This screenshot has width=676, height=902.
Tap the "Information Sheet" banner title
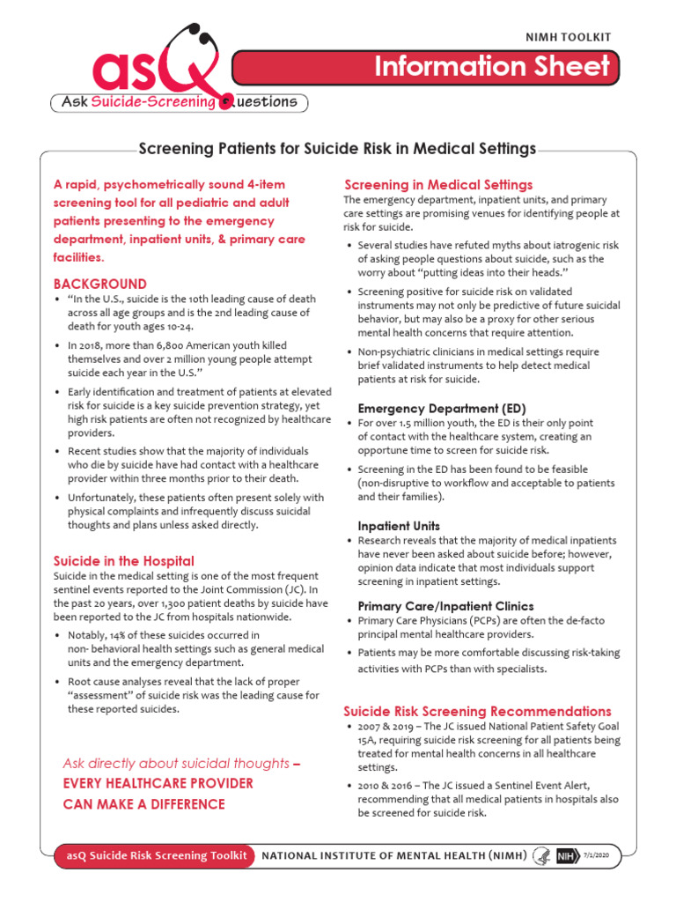click(x=492, y=67)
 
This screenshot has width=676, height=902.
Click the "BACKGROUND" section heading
click(x=100, y=285)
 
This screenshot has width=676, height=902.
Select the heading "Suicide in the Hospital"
click(x=124, y=561)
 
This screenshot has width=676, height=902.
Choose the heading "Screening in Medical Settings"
click(x=437, y=185)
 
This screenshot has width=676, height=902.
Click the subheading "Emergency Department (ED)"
click(x=441, y=409)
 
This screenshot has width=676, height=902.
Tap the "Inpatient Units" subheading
click(x=399, y=526)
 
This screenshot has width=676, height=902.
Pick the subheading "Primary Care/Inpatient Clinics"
click(x=445, y=606)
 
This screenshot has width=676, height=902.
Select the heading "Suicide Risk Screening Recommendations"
click(x=476, y=711)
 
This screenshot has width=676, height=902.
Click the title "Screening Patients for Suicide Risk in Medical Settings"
click(x=337, y=149)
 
